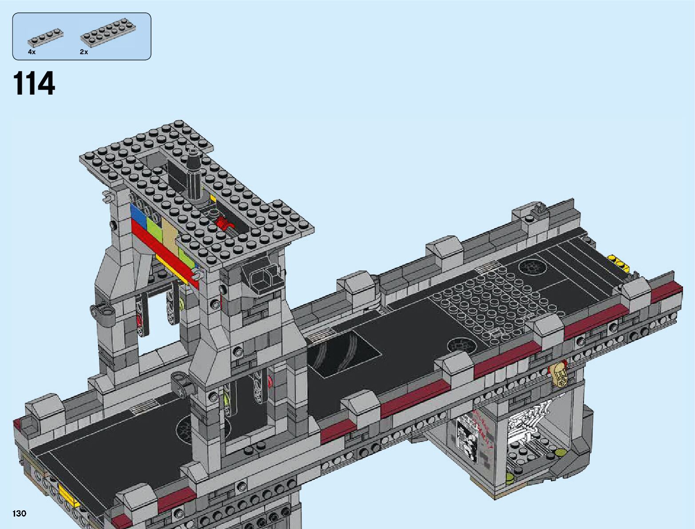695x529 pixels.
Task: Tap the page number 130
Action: click(x=19, y=513)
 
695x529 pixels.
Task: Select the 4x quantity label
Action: click(x=32, y=52)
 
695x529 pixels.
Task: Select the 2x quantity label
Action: click(x=84, y=52)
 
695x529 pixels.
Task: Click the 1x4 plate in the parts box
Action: click(x=46, y=38)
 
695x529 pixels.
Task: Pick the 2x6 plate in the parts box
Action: click(x=108, y=34)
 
